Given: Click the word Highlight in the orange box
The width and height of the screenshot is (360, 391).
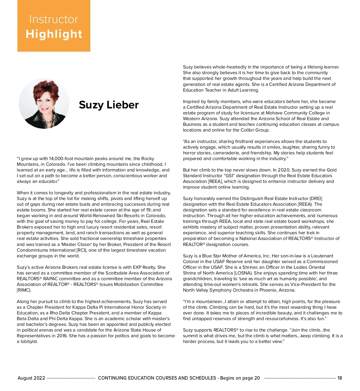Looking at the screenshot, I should coord(54,34).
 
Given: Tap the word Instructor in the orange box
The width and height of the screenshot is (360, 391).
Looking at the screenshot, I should coord(53,20).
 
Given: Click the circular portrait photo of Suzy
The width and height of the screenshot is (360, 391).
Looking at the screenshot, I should coord(44,103).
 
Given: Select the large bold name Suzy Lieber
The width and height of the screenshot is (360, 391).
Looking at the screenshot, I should coord(109,105).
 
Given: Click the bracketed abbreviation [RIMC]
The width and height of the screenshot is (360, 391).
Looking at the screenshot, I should coord(24,290).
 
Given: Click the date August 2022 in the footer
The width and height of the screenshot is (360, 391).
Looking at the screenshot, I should coord(31,378).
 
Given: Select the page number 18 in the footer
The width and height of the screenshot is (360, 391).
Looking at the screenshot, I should coord(340,378).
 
